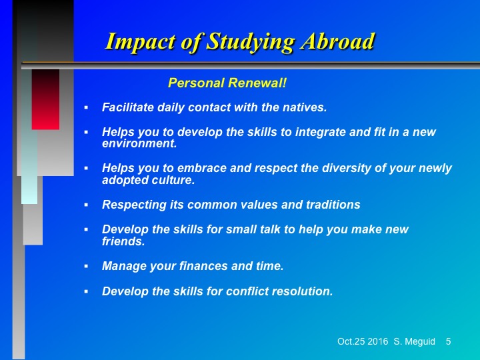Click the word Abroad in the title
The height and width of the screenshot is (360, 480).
pyautogui.click(x=337, y=41)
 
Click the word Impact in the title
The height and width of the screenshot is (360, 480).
pyautogui.click(x=141, y=42)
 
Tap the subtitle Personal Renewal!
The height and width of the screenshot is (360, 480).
pyautogui.click(x=227, y=83)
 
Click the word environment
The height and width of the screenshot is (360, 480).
pyautogui.click(x=139, y=143)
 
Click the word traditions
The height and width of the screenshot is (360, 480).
pyautogui.click(x=333, y=205)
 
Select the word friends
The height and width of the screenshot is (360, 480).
pyautogui.click(x=123, y=241)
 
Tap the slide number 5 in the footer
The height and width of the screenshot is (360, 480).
pyautogui.click(x=448, y=341)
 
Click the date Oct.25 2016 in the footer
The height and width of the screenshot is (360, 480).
pyautogui.click(x=363, y=341)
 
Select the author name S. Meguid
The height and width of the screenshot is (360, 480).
pyautogui.click(x=414, y=341)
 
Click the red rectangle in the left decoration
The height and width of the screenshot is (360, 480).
pyautogui.click(x=45, y=99)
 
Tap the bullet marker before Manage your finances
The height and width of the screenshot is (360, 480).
pyautogui.click(x=86, y=266)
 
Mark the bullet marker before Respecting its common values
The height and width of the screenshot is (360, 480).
pyautogui.click(x=86, y=205)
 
